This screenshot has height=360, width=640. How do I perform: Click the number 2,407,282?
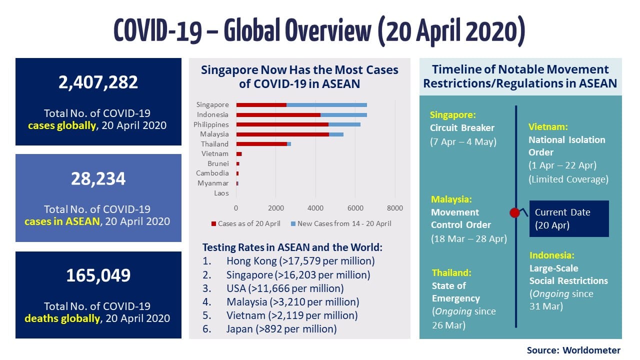(x=98, y=82)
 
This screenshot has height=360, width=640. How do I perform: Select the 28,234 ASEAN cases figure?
(x=98, y=178)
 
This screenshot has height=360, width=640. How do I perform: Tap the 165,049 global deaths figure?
(x=98, y=275)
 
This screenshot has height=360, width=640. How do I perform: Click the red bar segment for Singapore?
(x=261, y=105)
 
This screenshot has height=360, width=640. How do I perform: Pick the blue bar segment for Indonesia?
(x=343, y=115)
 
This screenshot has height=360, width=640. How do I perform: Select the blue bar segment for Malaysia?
(x=336, y=134)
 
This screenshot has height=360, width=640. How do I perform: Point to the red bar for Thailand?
(x=261, y=144)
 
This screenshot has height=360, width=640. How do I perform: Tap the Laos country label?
(x=221, y=193)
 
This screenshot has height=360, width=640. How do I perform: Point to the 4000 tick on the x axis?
(x=315, y=207)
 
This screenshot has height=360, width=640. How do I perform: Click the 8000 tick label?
(x=394, y=207)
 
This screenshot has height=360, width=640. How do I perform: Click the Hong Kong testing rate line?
(x=300, y=261)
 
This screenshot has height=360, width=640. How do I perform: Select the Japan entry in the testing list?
(x=281, y=329)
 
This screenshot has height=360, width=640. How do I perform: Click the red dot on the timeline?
(x=514, y=213)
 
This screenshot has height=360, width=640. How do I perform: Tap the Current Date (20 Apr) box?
(x=569, y=218)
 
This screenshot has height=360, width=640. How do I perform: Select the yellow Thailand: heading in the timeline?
(x=451, y=273)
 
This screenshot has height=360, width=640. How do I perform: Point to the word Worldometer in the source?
(x=592, y=350)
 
